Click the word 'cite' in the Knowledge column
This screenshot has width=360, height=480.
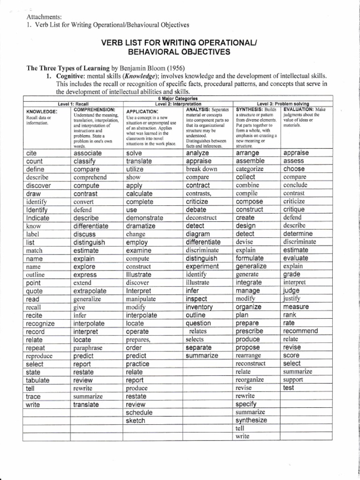point(32,153)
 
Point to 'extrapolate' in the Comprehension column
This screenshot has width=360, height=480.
point(90,291)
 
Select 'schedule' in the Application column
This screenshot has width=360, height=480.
point(139,412)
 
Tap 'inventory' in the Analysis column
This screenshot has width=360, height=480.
point(199,307)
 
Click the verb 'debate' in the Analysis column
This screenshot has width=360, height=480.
point(196,210)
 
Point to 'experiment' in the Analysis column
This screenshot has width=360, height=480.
point(202,266)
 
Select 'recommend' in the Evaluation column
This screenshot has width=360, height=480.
point(300,331)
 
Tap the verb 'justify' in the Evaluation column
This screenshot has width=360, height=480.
point(292,299)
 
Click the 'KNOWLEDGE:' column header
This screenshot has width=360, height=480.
point(42,112)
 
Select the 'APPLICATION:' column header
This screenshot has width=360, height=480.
point(142,112)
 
